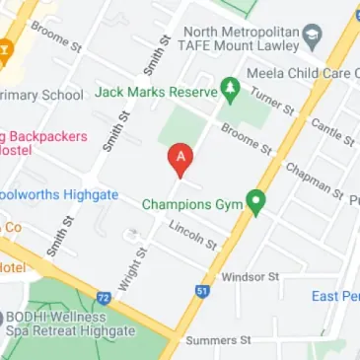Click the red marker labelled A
coord(180,157)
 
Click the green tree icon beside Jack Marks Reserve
coord(230,90)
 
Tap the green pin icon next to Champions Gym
coord(255,204)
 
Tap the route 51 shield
coord(201,291)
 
